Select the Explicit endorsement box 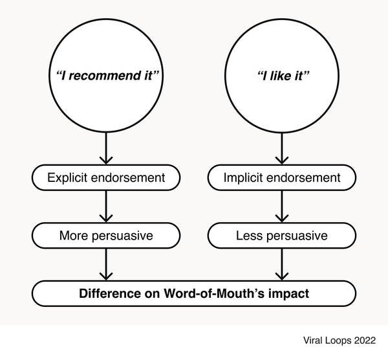click(105, 177)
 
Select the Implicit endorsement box click(282, 177)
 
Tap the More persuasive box click(105, 235)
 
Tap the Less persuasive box click(282, 235)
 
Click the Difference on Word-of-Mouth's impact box click(194, 293)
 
